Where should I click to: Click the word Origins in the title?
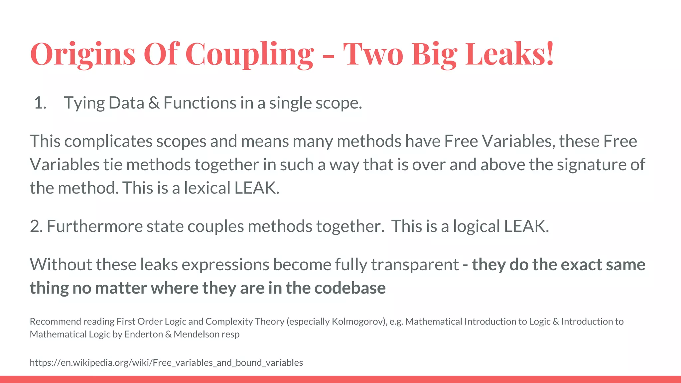tap(83, 54)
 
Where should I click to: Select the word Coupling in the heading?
tap(249, 54)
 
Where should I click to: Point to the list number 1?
tap(40, 103)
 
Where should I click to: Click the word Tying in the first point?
tap(84, 103)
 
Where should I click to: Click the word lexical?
tap(207, 188)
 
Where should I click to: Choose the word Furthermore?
tap(94, 226)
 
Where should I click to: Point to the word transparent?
tap(415, 265)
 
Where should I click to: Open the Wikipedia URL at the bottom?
tap(166, 362)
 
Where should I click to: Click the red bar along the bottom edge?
tap(340, 379)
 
